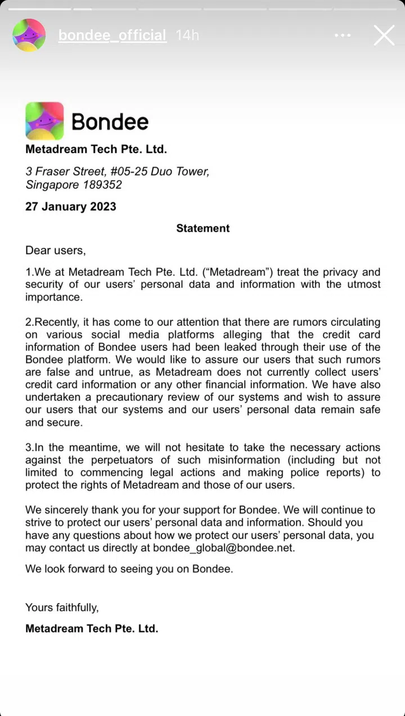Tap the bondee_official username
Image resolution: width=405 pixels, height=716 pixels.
[x=112, y=35]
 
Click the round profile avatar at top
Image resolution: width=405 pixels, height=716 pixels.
[x=29, y=35]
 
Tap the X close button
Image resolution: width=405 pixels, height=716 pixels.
[x=384, y=35]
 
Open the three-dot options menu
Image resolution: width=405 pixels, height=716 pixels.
[x=343, y=35]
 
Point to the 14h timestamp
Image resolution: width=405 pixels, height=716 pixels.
[x=187, y=35]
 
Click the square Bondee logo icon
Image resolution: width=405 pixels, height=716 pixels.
[x=44, y=121]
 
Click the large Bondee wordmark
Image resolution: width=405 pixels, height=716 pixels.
[x=110, y=121]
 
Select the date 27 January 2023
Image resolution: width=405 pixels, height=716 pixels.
[x=71, y=206]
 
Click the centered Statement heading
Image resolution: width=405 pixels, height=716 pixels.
[x=202, y=228]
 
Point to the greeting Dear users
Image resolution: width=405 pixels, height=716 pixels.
[x=55, y=250]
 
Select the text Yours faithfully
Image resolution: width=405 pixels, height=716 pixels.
[x=62, y=607]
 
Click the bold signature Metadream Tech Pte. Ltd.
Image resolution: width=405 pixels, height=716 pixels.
[x=92, y=629]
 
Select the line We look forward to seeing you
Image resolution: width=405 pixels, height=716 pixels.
[x=129, y=569]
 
